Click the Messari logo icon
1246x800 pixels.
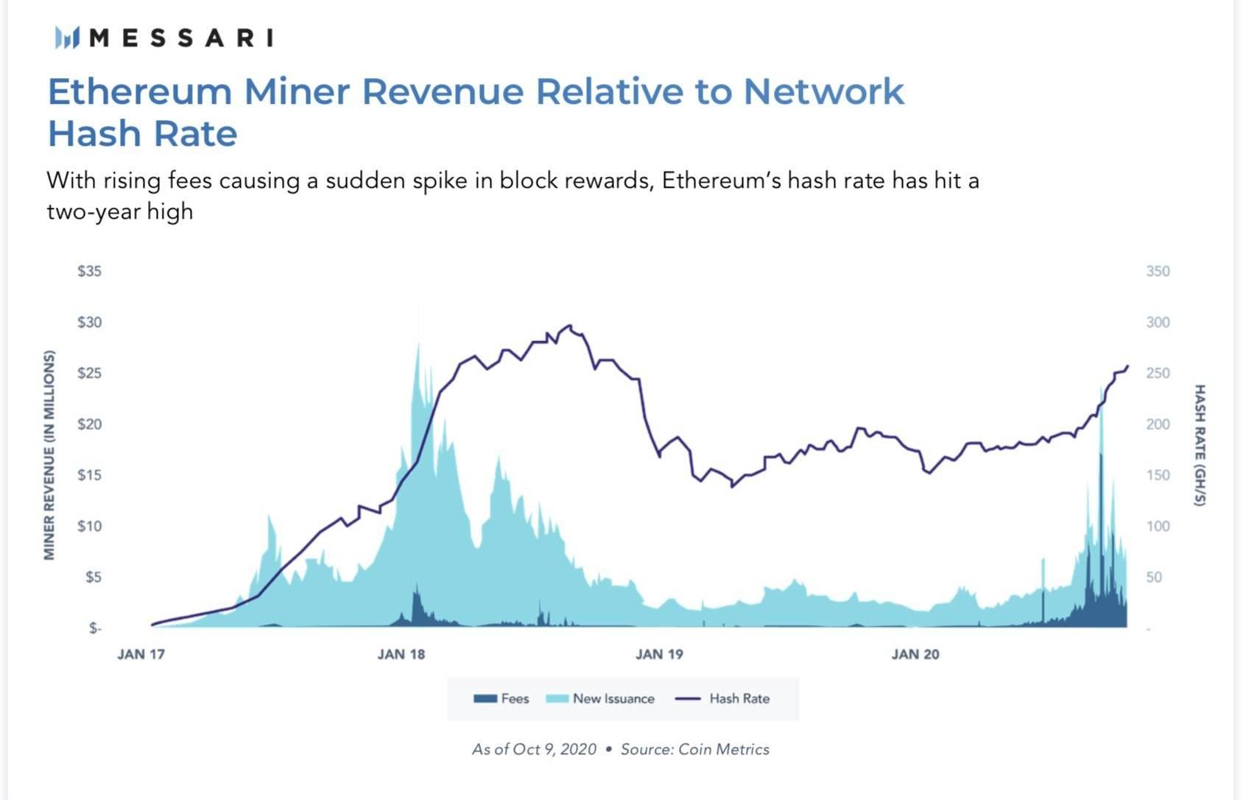click(x=66, y=37)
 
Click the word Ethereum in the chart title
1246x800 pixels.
click(x=140, y=92)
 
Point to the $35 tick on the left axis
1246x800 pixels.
click(x=89, y=271)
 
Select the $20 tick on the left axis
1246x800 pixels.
click(x=89, y=424)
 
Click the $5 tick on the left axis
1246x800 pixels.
click(x=93, y=577)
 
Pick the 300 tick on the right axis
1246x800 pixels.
click(x=1158, y=322)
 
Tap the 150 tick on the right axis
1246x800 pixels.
click(x=1158, y=475)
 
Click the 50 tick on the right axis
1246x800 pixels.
click(x=1154, y=577)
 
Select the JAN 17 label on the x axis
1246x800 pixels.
click(x=141, y=654)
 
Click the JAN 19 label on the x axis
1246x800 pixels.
click(x=659, y=654)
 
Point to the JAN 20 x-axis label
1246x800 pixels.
click(x=915, y=654)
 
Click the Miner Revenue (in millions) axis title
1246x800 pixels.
click(x=49, y=455)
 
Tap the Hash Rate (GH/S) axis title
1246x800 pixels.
click(x=1200, y=445)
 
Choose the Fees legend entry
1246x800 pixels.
click(x=501, y=698)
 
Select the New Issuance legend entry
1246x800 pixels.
click(x=600, y=698)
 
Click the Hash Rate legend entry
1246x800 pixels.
click(x=722, y=698)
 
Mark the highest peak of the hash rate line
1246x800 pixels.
click(x=569, y=325)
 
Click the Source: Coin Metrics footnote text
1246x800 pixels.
click(x=694, y=749)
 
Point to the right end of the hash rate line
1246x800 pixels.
click(x=1127, y=366)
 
